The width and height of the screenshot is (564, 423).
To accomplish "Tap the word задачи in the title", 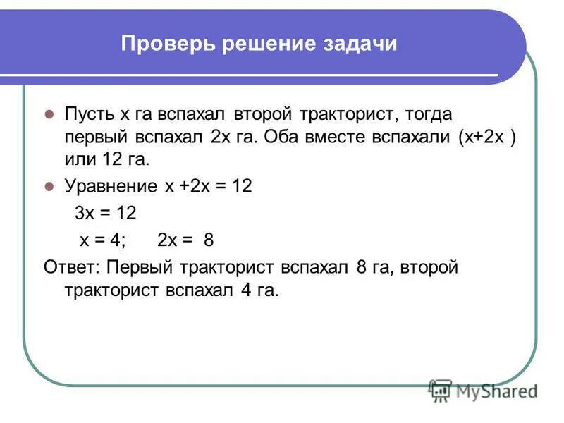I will point(359,44).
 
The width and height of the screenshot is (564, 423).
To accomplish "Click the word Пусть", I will point(90,114).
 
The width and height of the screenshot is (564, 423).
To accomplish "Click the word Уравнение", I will point(111,186).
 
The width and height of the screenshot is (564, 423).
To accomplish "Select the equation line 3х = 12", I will point(105,213).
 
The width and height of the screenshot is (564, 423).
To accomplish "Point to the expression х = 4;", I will point(102,240).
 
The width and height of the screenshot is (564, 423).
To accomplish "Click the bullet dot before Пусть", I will point(49,114).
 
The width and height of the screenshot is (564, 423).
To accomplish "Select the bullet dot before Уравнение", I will point(49,187).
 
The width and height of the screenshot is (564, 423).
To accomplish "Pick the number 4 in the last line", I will point(240,290).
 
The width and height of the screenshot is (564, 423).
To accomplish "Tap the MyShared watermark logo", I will point(483,390).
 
